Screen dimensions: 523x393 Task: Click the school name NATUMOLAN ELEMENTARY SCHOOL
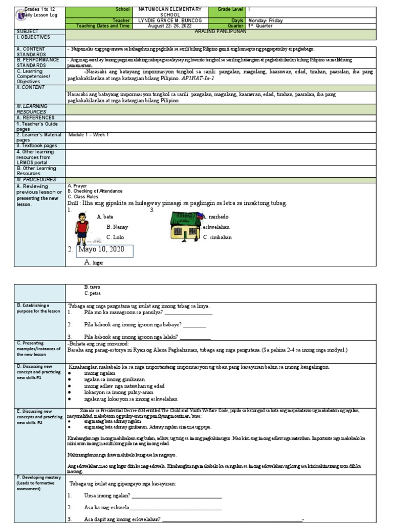click(170, 12)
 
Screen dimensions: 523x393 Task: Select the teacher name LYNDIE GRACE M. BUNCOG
click(170, 20)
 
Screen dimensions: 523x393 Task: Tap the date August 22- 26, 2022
click(170, 26)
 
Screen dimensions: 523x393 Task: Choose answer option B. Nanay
click(117, 227)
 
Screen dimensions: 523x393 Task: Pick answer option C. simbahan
click(217, 237)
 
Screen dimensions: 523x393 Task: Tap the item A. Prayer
click(77, 186)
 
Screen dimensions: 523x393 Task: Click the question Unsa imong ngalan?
click(107, 496)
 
